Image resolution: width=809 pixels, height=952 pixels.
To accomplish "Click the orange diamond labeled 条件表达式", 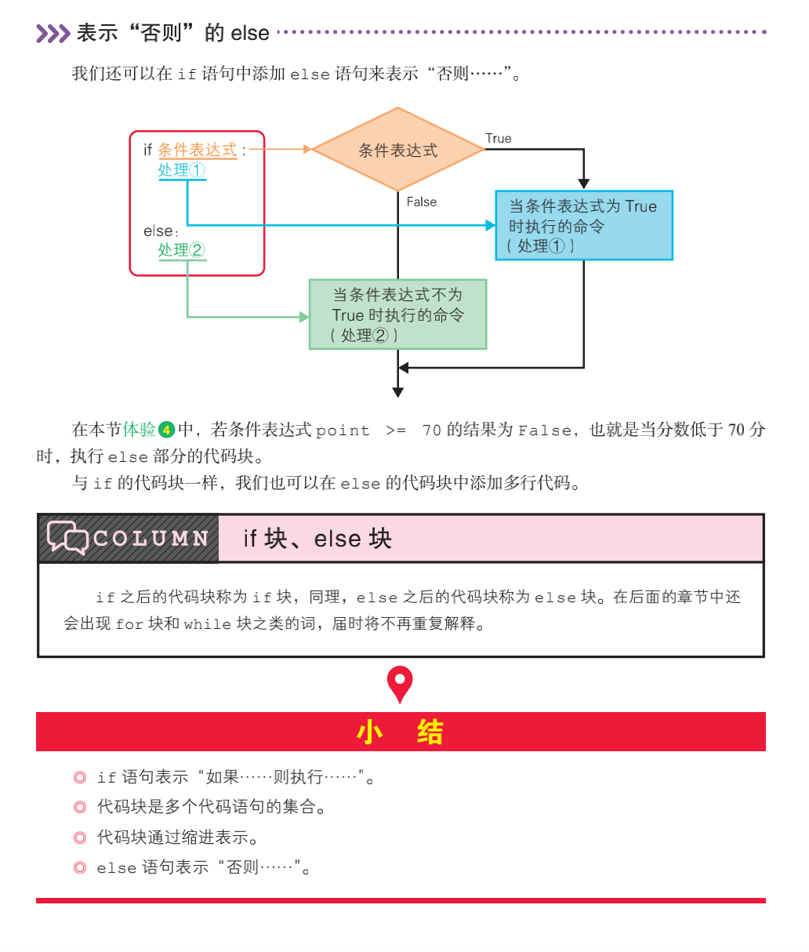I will [397, 149].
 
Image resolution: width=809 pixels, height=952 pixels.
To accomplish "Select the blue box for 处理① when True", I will [584, 225].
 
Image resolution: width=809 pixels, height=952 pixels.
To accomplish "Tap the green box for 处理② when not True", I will [397, 314].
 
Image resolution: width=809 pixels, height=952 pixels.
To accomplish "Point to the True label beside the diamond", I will [498, 138].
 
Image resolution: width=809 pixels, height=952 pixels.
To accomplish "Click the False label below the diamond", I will [421, 202].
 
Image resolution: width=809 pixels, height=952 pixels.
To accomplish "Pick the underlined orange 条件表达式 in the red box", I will [197, 150].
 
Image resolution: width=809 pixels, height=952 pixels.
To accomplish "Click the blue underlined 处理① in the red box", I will [181, 170].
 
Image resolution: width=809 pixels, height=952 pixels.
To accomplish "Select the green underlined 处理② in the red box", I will [181, 250].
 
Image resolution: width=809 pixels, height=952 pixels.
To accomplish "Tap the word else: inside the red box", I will [161, 231].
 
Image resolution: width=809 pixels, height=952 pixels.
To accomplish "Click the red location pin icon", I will [400, 683].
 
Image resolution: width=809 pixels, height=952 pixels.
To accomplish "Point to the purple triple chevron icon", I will [53, 33].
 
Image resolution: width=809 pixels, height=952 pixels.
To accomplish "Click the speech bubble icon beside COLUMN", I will [67, 538].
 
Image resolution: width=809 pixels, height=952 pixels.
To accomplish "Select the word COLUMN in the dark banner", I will [151, 539].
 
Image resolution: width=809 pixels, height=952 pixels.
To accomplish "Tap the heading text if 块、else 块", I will [317, 539].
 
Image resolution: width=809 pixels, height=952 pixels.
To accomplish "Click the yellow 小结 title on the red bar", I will [400, 732].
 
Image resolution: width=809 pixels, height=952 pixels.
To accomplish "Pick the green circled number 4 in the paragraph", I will [166, 430].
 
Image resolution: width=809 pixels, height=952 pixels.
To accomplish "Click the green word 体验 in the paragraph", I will [140, 430].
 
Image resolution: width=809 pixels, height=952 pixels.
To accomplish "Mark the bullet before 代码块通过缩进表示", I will [79, 838].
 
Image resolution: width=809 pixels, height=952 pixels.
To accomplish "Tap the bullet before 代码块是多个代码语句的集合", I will [79, 807].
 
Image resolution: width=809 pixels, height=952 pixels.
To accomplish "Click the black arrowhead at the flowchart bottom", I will [398, 392].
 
